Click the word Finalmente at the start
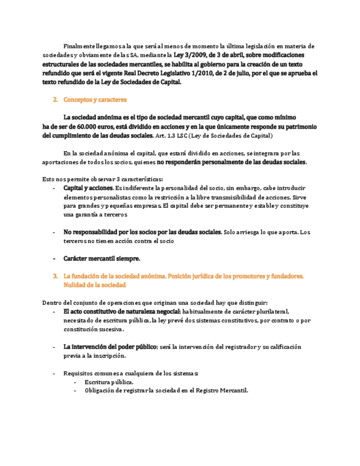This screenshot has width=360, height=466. pyautogui.click(x=79, y=46)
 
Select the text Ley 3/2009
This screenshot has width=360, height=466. pyautogui.click(x=191, y=55)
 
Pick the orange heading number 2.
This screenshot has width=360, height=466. pyautogui.click(x=55, y=100)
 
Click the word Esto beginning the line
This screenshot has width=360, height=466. pyautogui.click(x=48, y=179)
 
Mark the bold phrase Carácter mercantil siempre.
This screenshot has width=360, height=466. pyautogui.click(x=102, y=258)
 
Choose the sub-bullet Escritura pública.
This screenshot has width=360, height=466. pyautogui.click(x=109, y=382)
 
